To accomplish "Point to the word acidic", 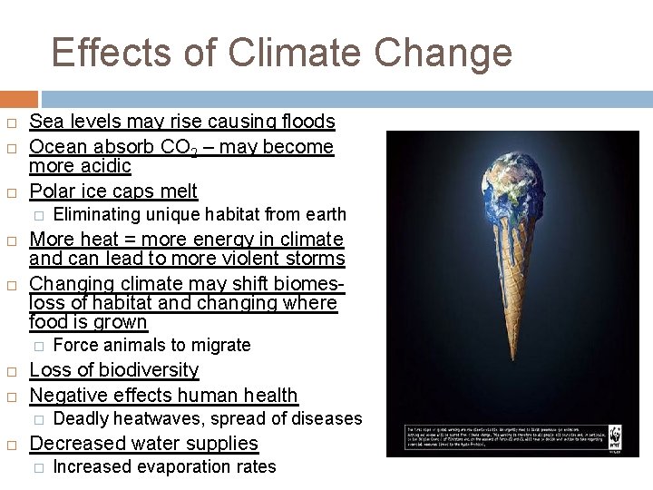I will click(107, 166).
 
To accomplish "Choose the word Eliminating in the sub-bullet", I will click(97, 214).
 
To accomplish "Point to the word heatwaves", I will click(158, 418).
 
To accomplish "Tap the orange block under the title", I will click(19, 99).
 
